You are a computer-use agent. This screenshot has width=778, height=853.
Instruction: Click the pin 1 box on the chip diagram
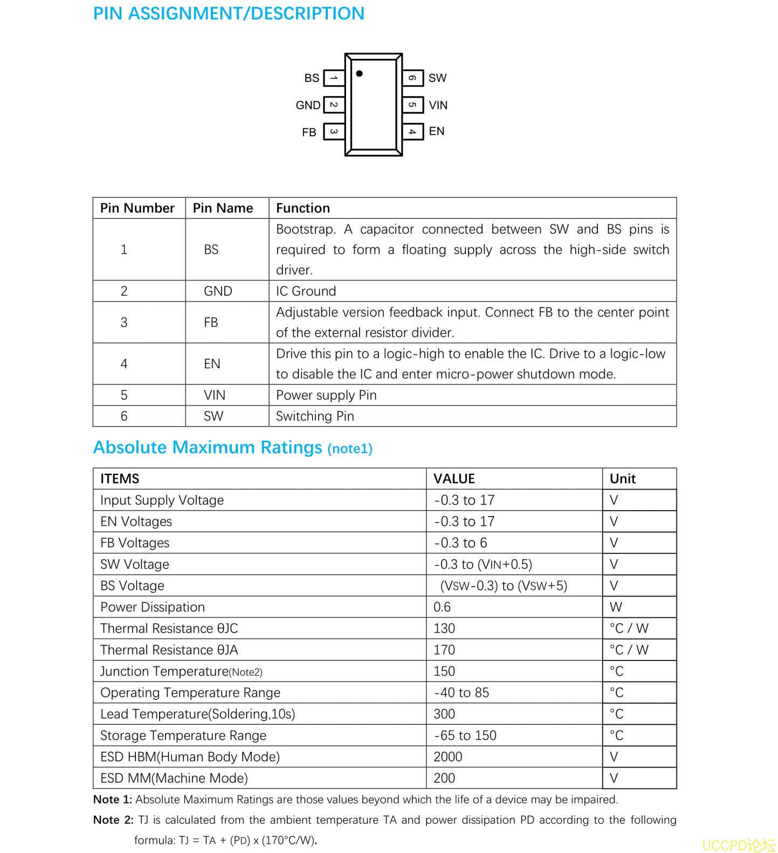click(x=334, y=78)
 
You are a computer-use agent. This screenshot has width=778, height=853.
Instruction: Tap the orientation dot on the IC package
click(x=359, y=73)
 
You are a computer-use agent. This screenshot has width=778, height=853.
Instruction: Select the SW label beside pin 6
click(x=437, y=78)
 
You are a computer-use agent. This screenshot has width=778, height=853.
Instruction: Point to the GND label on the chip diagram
click(x=308, y=105)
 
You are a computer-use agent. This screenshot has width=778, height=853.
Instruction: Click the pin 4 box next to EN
click(x=412, y=132)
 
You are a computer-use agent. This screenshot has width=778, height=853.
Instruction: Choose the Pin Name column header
click(x=223, y=208)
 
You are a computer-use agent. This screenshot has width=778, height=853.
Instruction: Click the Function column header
click(x=303, y=208)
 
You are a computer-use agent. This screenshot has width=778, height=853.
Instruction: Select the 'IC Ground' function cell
click(x=306, y=291)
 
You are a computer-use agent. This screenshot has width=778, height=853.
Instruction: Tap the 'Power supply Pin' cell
click(x=326, y=395)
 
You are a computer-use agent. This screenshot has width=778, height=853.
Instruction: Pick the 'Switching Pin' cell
click(x=315, y=416)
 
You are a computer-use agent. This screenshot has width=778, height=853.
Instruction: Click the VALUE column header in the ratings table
click(x=454, y=479)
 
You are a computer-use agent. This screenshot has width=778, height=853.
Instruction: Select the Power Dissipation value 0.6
click(x=442, y=607)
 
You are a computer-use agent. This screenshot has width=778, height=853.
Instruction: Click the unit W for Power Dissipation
click(x=616, y=607)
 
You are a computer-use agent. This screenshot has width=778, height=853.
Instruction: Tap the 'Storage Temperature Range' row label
click(x=183, y=735)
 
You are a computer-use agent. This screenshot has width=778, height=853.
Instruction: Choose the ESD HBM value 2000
click(x=448, y=757)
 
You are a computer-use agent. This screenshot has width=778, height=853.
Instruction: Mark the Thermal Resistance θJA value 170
click(x=444, y=650)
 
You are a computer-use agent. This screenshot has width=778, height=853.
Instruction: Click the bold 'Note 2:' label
click(x=113, y=820)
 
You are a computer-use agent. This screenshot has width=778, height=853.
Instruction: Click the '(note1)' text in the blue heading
click(x=350, y=449)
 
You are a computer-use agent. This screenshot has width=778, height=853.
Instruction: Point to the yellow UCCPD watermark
click(x=739, y=844)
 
